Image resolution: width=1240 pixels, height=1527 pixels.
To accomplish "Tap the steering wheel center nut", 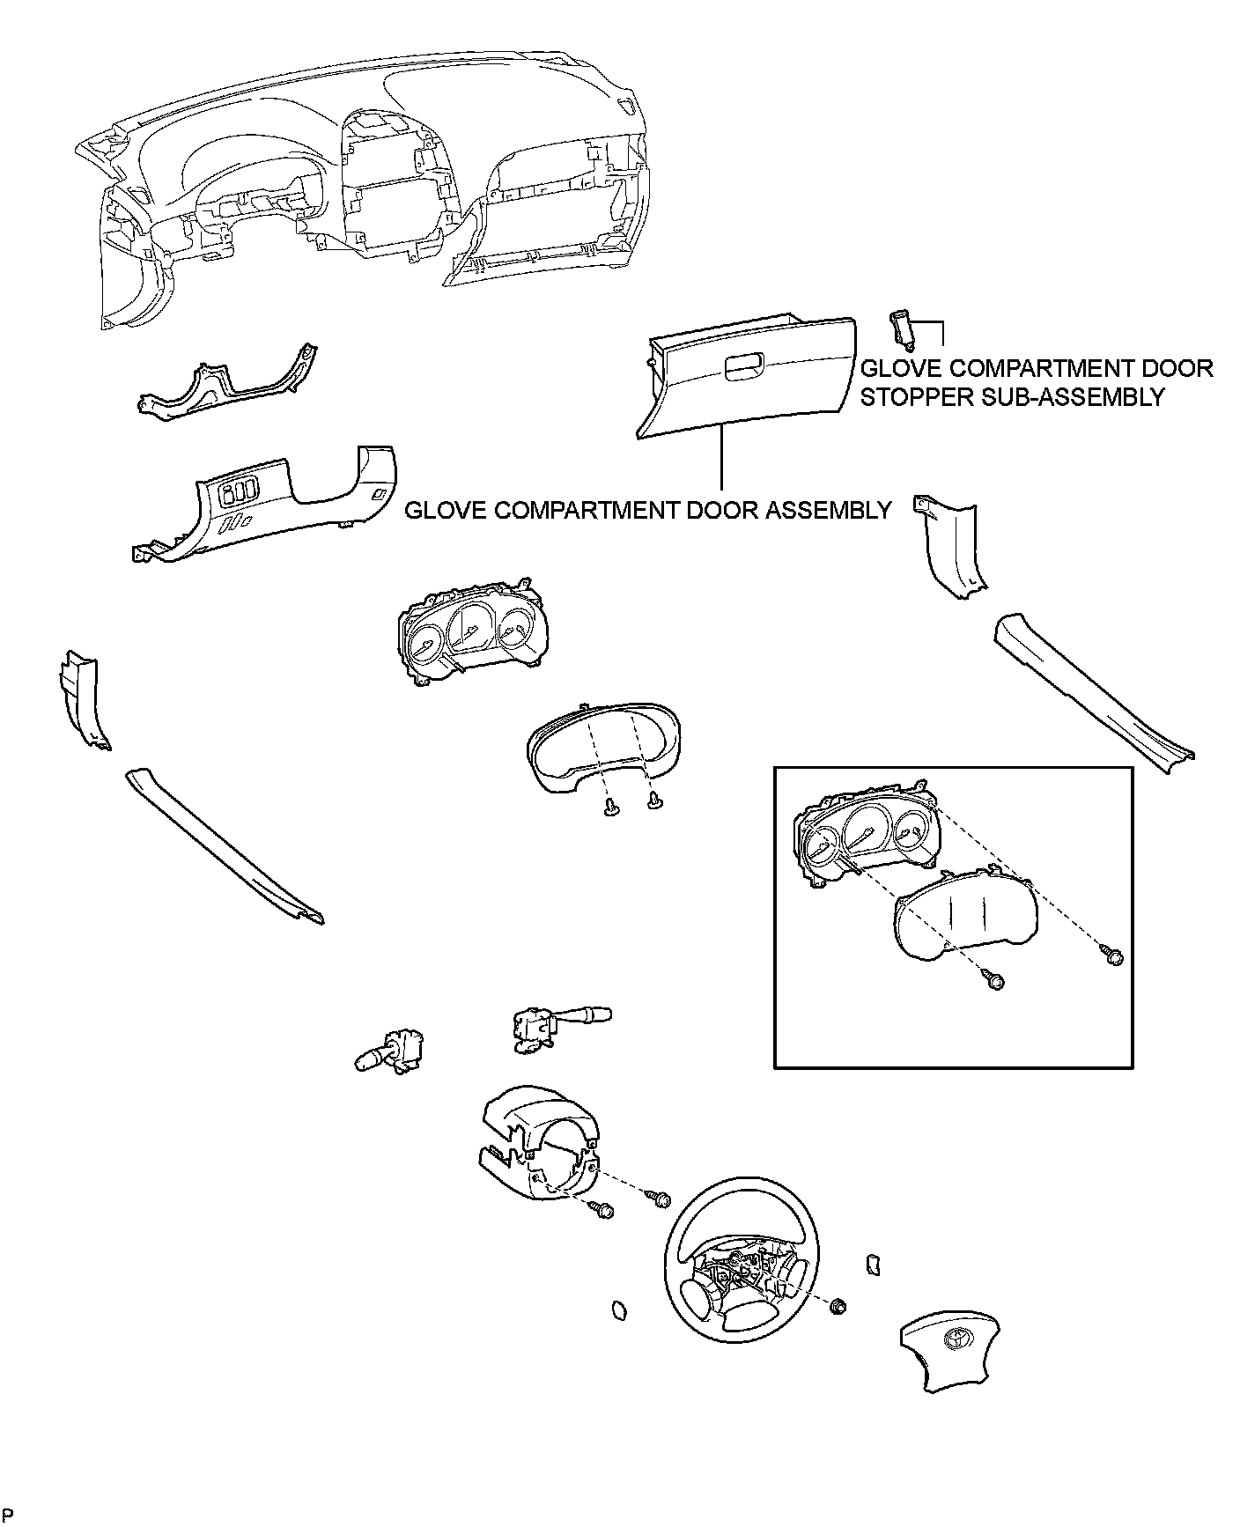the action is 838,1305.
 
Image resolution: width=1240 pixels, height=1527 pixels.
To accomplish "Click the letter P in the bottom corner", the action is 8,1515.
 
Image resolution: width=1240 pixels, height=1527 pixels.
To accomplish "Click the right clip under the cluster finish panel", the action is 654,800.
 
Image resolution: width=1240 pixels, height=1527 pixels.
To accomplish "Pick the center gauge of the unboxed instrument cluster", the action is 468,626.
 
